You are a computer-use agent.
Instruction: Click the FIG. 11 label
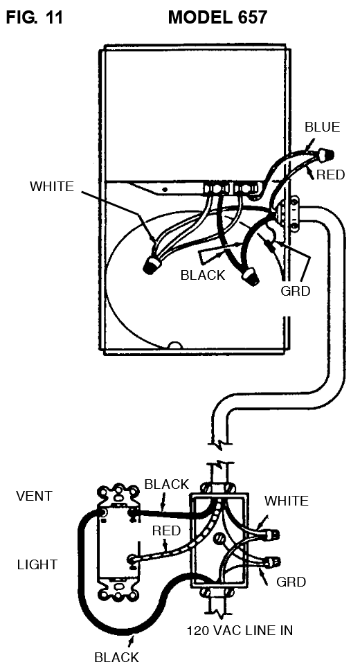tap(35, 17)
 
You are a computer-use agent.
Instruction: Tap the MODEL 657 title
tap(217, 17)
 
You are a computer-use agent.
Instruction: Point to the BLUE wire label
tap(322, 127)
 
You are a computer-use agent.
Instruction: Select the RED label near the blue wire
tap(331, 175)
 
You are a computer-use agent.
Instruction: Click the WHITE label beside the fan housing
tap(52, 186)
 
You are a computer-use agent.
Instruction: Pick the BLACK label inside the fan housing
tap(203, 275)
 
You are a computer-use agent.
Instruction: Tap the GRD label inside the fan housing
tap(295, 291)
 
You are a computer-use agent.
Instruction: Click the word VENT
tap(34, 496)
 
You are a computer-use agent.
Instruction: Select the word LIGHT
tap(37, 564)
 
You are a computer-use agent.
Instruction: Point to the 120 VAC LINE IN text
tap(240, 630)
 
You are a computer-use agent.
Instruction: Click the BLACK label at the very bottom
tap(116, 657)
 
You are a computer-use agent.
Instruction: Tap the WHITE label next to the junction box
tap(287, 501)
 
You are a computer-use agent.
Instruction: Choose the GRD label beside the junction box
tap(291, 582)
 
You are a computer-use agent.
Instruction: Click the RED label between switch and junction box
tap(166, 531)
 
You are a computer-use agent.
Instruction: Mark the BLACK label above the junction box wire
tap(166, 484)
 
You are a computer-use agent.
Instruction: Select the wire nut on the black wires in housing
tap(251, 278)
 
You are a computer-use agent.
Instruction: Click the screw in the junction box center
tap(219, 538)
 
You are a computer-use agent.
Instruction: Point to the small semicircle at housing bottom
tap(175, 345)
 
